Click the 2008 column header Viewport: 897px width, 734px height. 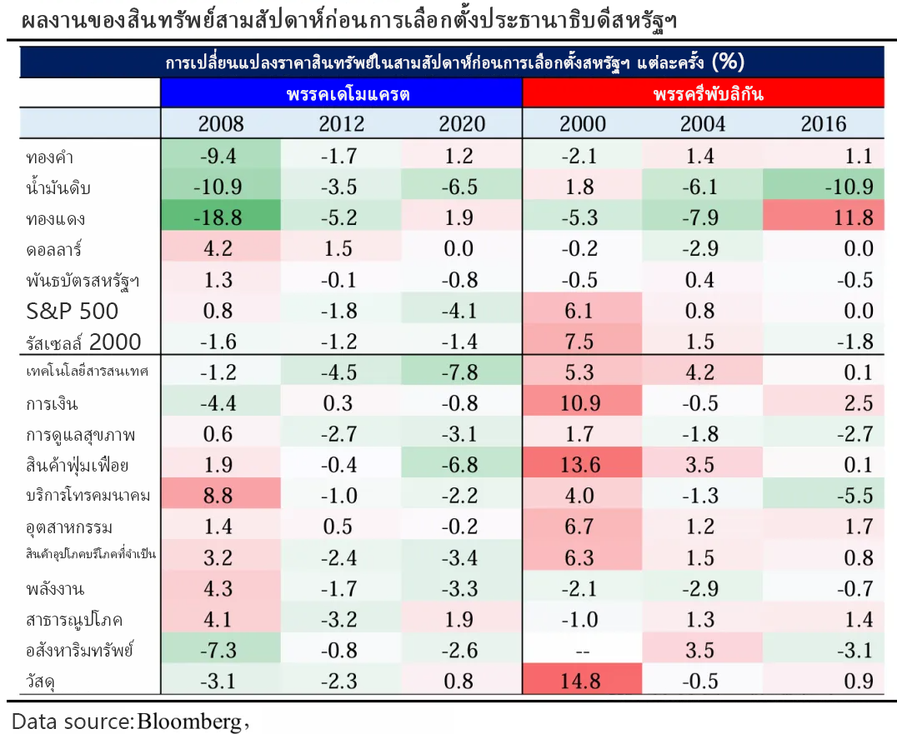coord(221,124)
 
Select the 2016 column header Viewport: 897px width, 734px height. coord(823,124)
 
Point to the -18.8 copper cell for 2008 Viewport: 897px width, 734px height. coord(221,218)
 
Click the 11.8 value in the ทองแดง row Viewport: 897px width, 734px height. coord(849,218)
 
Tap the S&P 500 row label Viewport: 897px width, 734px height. coord(73,312)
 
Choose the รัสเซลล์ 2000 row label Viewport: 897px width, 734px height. coord(83,342)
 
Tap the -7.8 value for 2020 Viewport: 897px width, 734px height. coord(461,372)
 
